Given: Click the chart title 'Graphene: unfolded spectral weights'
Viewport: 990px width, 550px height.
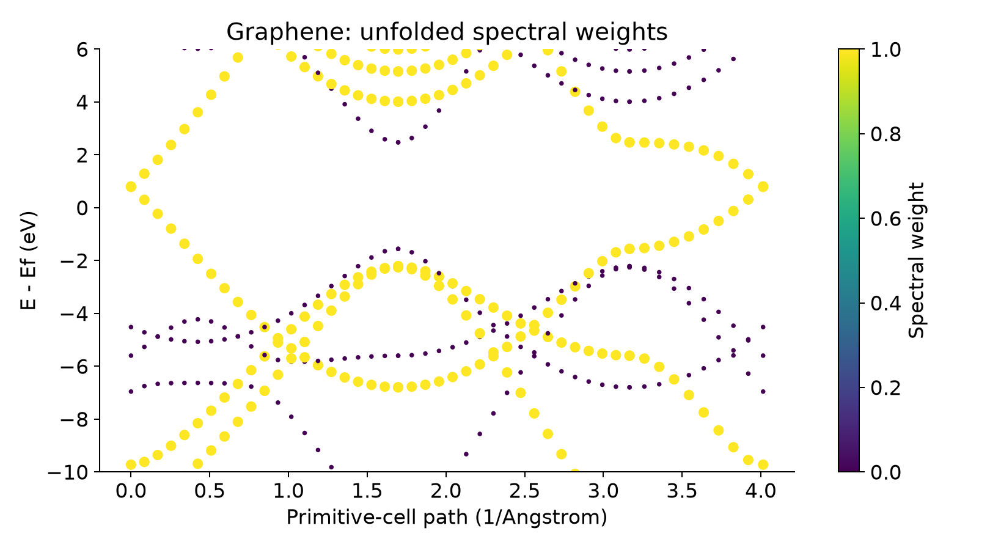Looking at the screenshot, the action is click(447, 32).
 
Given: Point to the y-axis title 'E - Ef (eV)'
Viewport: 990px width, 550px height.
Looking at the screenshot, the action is click(28, 260).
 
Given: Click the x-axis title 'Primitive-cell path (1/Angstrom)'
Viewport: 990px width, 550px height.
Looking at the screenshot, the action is click(447, 517).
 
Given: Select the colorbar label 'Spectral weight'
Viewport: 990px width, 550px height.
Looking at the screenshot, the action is click(915, 260).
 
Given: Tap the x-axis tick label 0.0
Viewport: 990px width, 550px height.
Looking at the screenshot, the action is click(131, 491).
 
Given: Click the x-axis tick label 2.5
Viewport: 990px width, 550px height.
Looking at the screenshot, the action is click(524, 491).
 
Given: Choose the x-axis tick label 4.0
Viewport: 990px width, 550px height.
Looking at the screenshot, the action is click(761, 491).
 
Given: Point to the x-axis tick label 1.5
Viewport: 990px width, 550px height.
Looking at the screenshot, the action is click(367, 491).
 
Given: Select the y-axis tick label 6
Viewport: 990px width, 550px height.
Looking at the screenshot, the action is click(82, 50).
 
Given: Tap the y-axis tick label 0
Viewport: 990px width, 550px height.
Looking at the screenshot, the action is click(82, 208).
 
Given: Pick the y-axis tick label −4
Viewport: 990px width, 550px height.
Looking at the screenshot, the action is click(74, 313).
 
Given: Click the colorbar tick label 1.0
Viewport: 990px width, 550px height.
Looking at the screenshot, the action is click(886, 50).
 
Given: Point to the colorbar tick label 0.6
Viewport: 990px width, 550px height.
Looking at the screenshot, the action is click(886, 218).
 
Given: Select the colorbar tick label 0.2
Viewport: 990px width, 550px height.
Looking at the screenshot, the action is click(886, 387).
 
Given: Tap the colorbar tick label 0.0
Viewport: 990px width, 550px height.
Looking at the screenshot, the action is click(886, 472).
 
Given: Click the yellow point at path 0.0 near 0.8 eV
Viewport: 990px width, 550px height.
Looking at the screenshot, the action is click(131, 186).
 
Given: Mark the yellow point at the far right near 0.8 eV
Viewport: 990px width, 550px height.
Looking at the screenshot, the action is click(763, 186).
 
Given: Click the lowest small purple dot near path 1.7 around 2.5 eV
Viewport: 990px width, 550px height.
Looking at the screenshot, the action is click(398, 142).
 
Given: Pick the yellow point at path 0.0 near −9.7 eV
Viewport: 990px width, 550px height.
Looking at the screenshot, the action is click(131, 464).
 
